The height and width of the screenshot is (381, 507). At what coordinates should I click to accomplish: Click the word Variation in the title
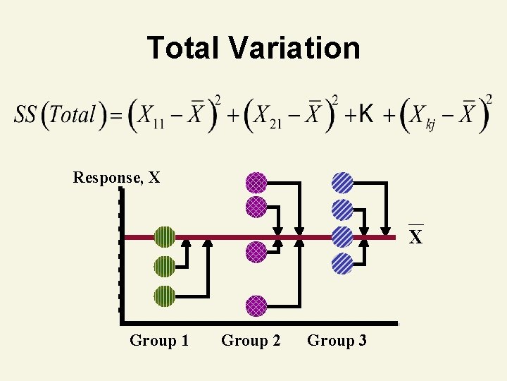click(x=294, y=48)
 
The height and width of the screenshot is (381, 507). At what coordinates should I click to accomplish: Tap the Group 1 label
click(x=159, y=341)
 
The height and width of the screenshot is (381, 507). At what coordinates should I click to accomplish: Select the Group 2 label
click(x=251, y=341)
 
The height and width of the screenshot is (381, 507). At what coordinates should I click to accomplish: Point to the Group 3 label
click(x=337, y=341)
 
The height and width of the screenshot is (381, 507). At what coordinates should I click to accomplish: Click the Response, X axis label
click(x=116, y=177)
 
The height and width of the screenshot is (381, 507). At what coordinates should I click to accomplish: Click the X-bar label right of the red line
click(x=416, y=236)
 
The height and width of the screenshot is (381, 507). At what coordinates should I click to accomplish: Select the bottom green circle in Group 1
click(x=164, y=296)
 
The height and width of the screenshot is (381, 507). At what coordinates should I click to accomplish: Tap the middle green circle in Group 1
click(x=164, y=267)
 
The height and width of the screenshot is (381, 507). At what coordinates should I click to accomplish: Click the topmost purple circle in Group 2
click(x=256, y=183)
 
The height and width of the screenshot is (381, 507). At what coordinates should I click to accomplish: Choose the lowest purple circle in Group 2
click(x=256, y=306)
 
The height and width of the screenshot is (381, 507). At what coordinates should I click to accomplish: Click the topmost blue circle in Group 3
click(x=342, y=183)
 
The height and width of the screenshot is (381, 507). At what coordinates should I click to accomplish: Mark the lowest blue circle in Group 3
click(x=342, y=263)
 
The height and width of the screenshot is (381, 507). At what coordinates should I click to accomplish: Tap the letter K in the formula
click(x=366, y=112)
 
